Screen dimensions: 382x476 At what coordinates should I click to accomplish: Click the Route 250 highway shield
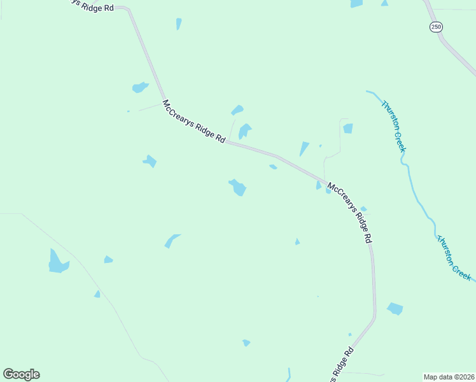click(435, 27)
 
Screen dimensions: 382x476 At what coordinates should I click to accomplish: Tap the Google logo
click(21, 374)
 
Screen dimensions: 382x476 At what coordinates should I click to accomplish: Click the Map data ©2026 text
click(449, 377)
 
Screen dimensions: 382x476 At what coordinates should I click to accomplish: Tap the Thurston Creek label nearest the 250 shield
click(393, 126)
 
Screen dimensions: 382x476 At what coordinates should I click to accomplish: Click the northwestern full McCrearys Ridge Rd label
click(193, 121)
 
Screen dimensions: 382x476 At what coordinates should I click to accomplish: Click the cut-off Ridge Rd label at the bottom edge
click(342, 365)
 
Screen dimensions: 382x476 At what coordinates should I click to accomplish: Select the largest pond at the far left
click(57, 262)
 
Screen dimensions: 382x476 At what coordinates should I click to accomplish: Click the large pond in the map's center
click(238, 187)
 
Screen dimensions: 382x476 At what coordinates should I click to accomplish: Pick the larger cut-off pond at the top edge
click(356, 4)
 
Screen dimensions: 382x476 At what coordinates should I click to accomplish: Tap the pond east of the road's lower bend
click(395, 309)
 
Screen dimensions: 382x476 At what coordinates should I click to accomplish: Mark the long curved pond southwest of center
click(171, 241)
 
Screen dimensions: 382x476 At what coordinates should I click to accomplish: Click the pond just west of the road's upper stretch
click(139, 87)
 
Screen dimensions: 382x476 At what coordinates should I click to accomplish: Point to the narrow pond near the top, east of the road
click(179, 24)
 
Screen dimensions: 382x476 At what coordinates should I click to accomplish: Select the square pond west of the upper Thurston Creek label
click(347, 129)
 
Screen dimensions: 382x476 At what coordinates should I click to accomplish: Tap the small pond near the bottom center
click(246, 343)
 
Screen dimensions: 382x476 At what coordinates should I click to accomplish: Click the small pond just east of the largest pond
click(108, 259)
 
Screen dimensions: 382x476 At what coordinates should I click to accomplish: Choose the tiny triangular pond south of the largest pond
click(97, 294)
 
